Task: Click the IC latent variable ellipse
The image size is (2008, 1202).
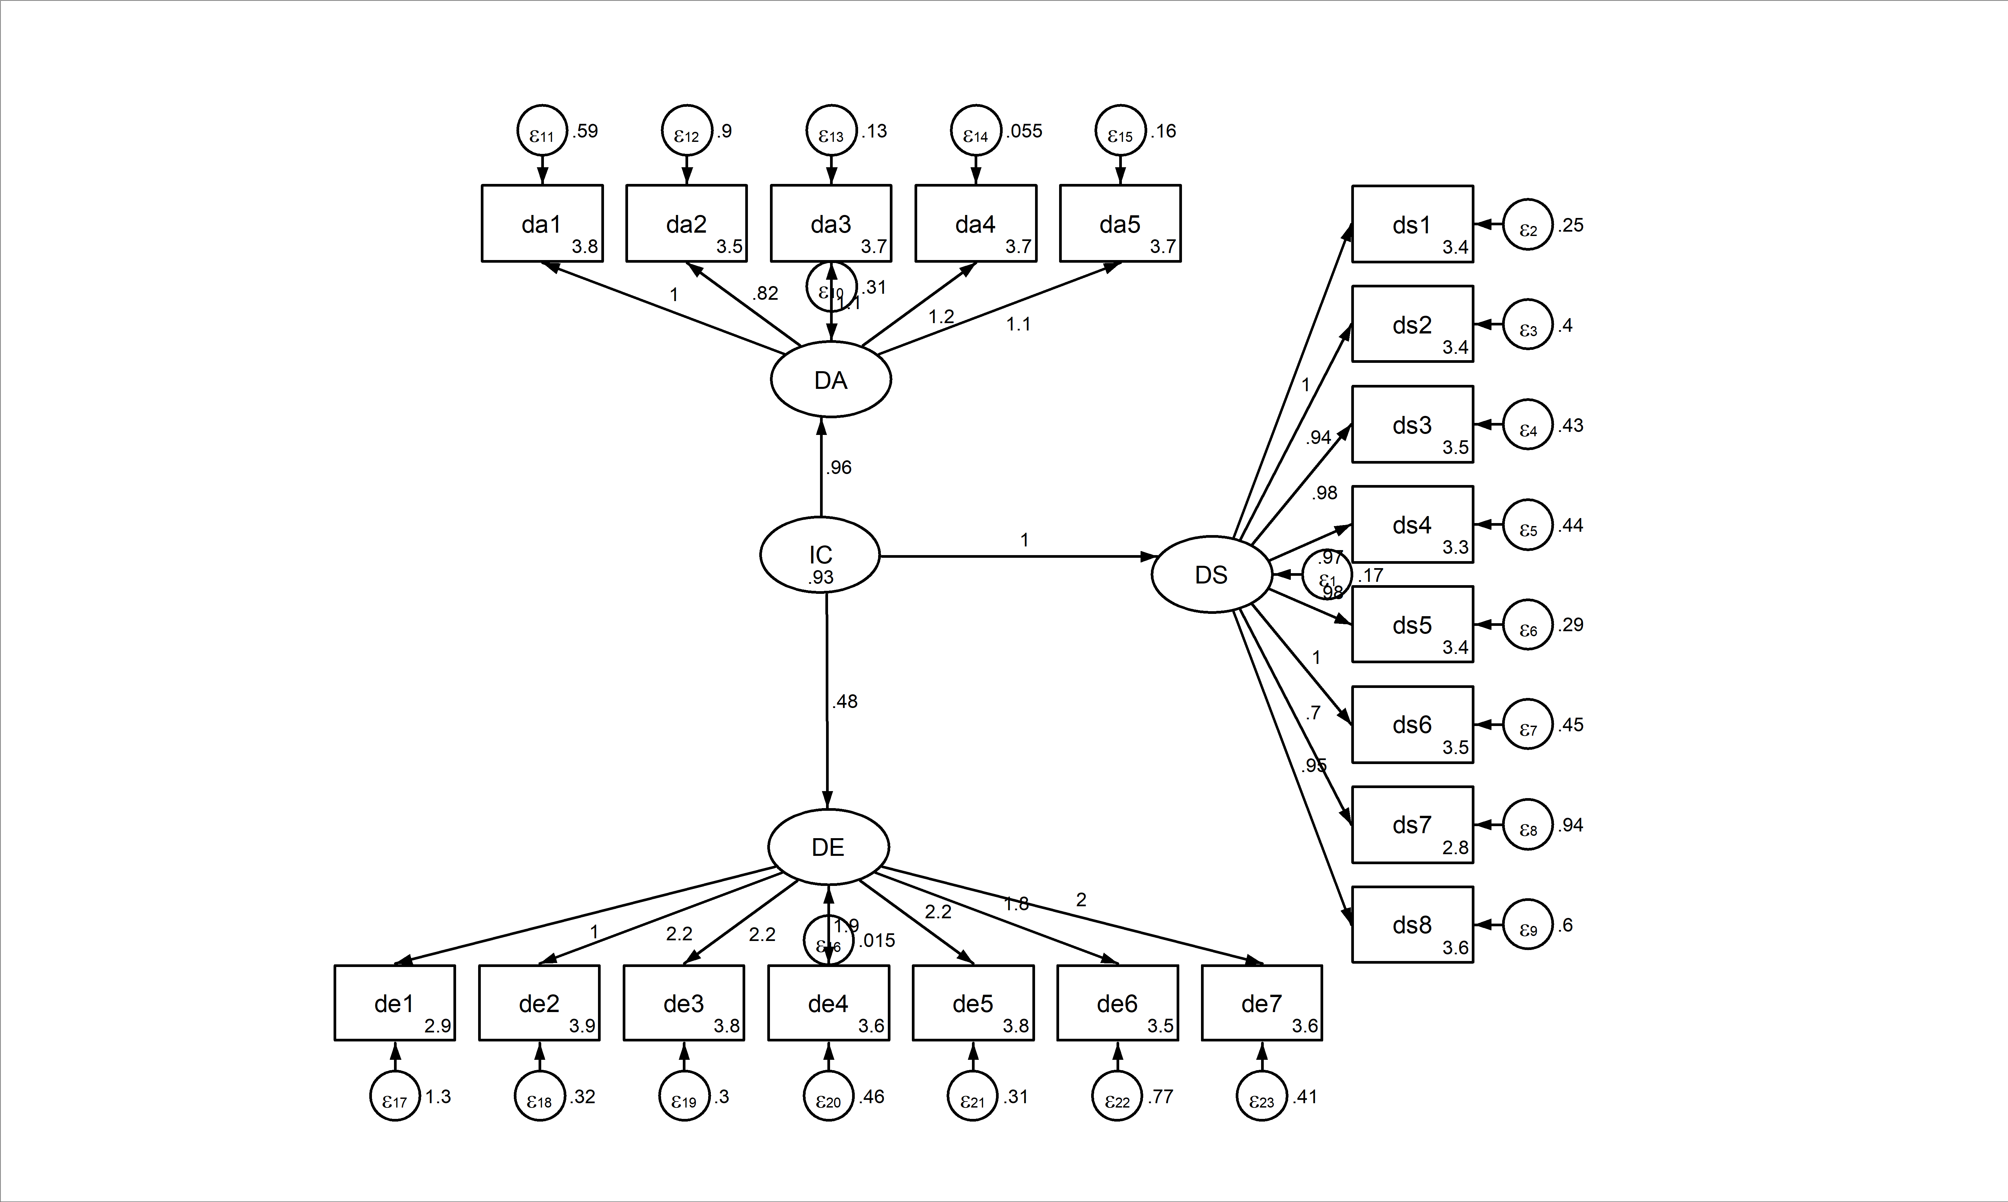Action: (x=820, y=555)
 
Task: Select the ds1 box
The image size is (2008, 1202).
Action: (x=1412, y=224)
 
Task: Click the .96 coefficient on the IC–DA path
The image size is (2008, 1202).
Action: (x=839, y=467)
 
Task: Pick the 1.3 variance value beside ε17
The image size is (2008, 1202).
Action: (x=438, y=1097)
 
